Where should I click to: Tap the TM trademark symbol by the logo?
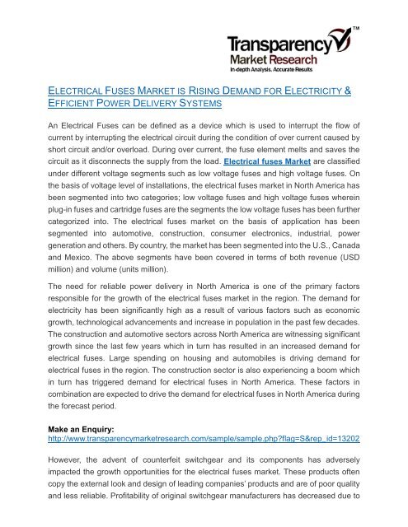pos(359,30)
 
